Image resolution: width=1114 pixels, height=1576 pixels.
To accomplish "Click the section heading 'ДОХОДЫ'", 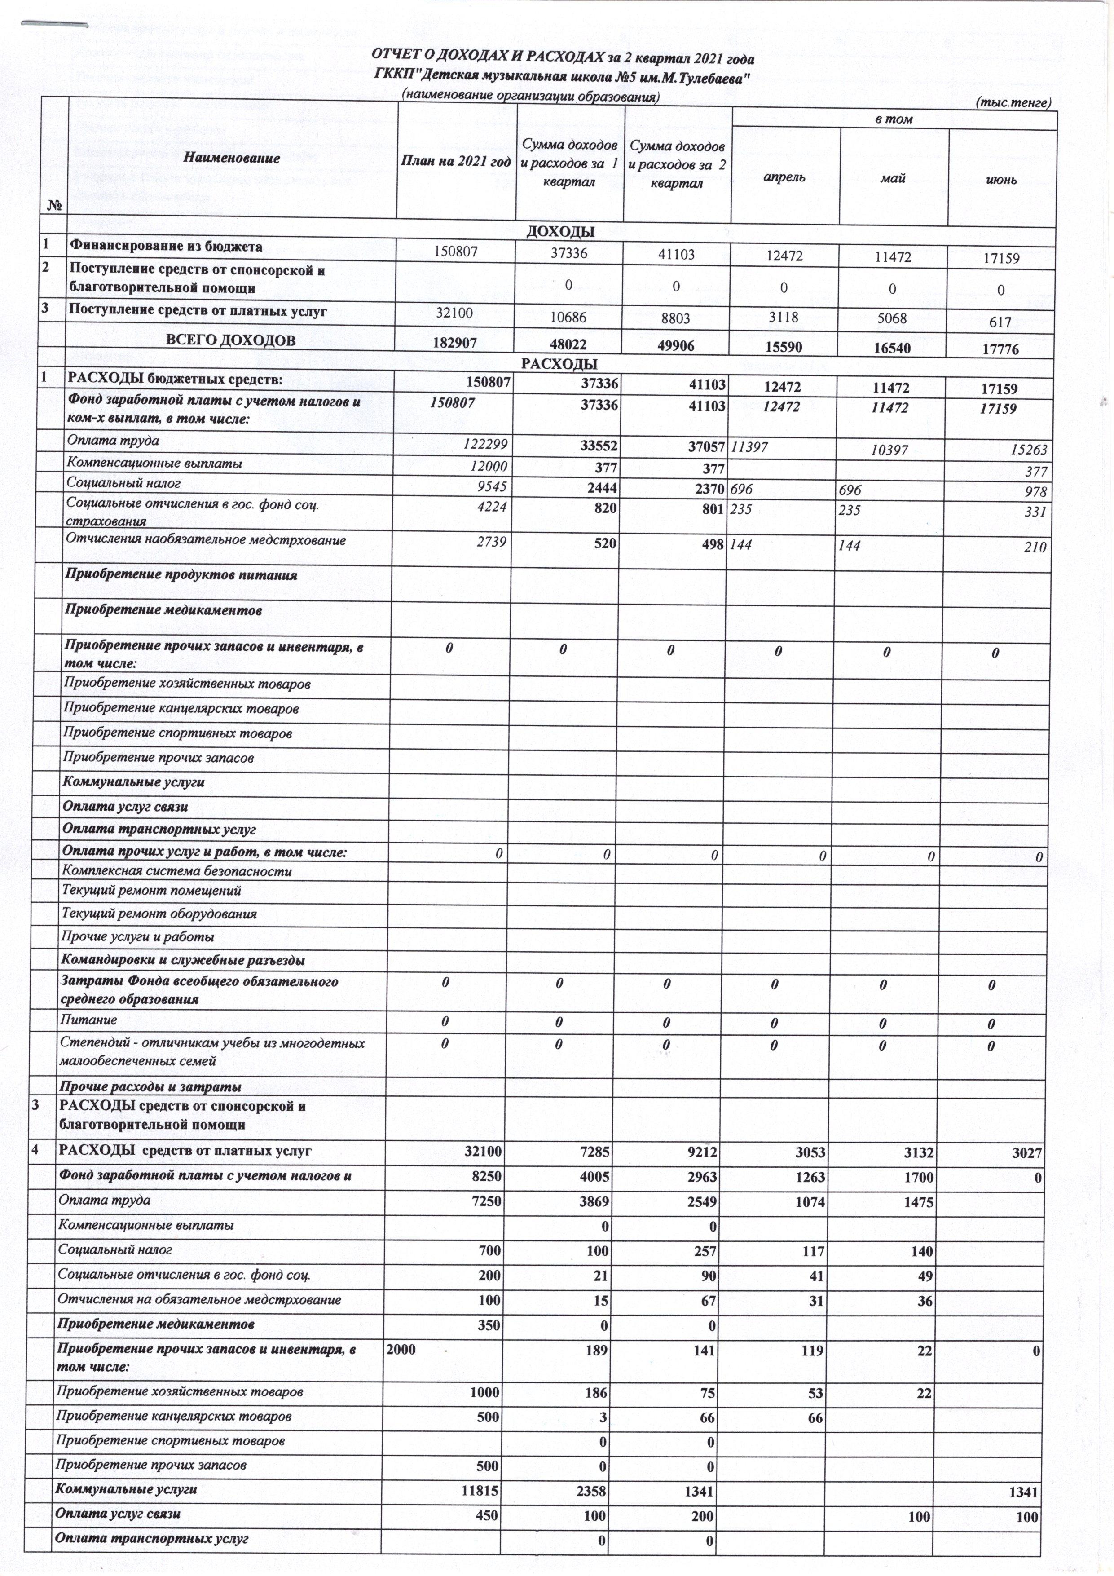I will tap(560, 232).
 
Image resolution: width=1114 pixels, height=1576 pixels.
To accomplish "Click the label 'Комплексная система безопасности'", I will tap(177, 872).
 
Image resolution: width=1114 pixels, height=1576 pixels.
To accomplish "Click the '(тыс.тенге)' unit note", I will tap(1013, 103).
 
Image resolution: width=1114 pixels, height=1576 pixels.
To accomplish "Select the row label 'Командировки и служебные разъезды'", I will tap(183, 960).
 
